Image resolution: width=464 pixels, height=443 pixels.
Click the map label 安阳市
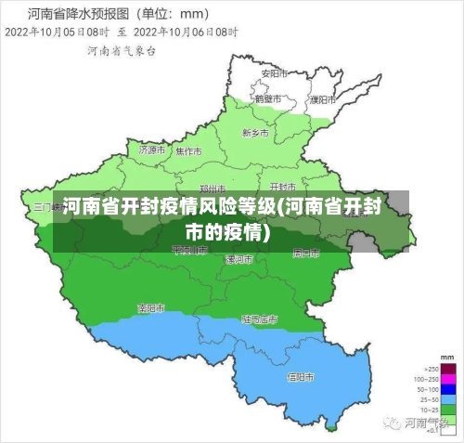(x=271, y=72)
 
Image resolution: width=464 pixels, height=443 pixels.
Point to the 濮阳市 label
(x=320, y=98)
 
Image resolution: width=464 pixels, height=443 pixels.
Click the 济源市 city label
(x=151, y=149)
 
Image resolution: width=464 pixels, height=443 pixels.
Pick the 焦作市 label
(x=188, y=150)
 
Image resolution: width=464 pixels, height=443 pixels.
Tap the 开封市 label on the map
(x=282, y=175)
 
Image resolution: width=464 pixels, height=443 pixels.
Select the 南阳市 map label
(x=151, y=307)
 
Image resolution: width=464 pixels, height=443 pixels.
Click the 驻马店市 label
(x=259, y=319)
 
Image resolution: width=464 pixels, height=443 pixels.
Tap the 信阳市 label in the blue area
(x=300, y=377)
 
